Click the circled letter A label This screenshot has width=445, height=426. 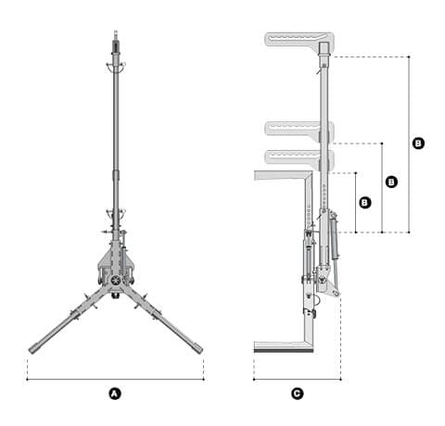tap(115, 394)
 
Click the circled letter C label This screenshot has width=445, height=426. tap(297, 394)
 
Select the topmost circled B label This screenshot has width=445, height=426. tap(418, 144)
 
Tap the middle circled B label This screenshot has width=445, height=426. tap(391, 182)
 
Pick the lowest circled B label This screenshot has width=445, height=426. tap(365, 203)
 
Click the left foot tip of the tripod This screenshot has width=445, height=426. tap(31, 351)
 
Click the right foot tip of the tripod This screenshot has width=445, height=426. tap(200, 350)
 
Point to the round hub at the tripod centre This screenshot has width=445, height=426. tap(116, 280)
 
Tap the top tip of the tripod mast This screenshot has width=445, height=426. tap(116, 31)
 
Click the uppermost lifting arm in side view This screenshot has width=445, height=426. tap(299, 39)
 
